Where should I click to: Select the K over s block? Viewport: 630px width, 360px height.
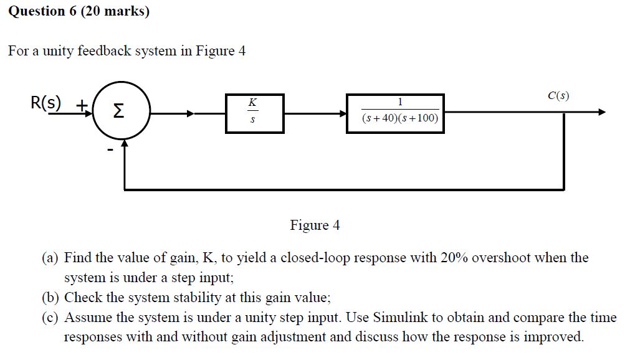click(x=255, y=113)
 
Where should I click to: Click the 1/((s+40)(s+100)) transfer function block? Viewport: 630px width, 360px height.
click(x=395, y=113)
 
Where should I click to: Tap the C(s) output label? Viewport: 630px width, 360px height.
click(x=558, y=96)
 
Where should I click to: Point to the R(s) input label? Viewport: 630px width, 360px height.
click(x=46, y=102)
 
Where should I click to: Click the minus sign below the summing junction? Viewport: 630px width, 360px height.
click(x=110, y=150)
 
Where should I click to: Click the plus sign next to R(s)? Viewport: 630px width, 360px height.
click(x=81, y=105)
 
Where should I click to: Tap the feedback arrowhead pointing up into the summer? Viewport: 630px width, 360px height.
click(x=125, y=144)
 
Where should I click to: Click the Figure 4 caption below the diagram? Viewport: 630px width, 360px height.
click(x=315, y=225)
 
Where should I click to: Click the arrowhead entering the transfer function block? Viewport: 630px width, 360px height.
click(x=343, y=113)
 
